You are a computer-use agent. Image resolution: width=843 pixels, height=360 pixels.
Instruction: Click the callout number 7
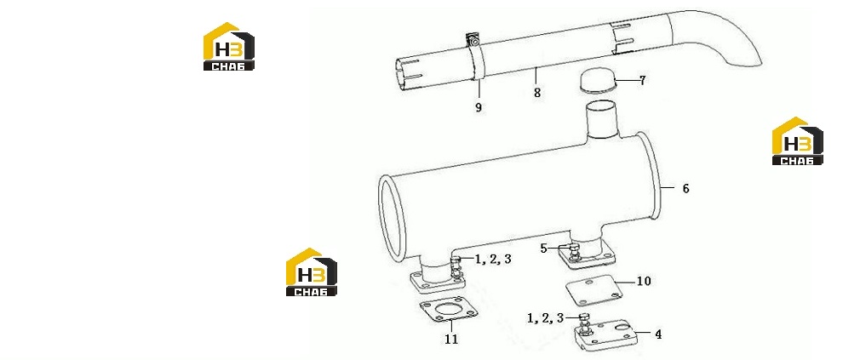pos(642,81)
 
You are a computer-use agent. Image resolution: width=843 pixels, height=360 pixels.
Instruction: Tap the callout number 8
pos(537,93)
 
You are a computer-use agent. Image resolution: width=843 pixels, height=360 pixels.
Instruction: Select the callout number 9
pos(479,107)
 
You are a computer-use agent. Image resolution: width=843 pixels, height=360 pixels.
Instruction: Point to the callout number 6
pos(685,189)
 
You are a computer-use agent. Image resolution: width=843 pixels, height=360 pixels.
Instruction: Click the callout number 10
pos(644,281)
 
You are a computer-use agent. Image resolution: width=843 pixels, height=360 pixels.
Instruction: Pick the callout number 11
pos(451,339)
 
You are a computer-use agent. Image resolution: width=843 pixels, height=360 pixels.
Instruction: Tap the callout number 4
pos(658,334)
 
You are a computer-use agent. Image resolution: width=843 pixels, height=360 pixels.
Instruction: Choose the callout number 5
pos(543,249)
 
